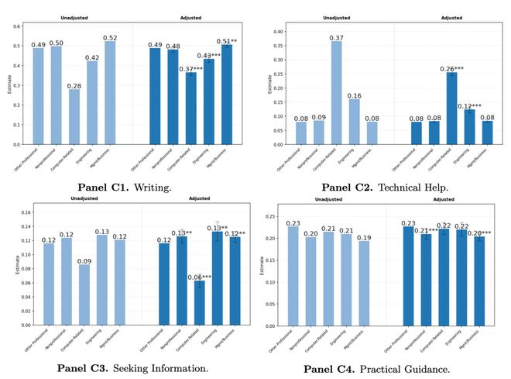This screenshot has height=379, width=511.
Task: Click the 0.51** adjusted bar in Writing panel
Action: coord(227,95)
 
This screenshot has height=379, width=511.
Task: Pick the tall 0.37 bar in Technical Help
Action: coord(337,93)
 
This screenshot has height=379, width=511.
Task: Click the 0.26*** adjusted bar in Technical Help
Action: coord(451,109)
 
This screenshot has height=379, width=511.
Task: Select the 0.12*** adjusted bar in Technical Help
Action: coord(469,127)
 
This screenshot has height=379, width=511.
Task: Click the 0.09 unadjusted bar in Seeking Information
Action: coord(84,295)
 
